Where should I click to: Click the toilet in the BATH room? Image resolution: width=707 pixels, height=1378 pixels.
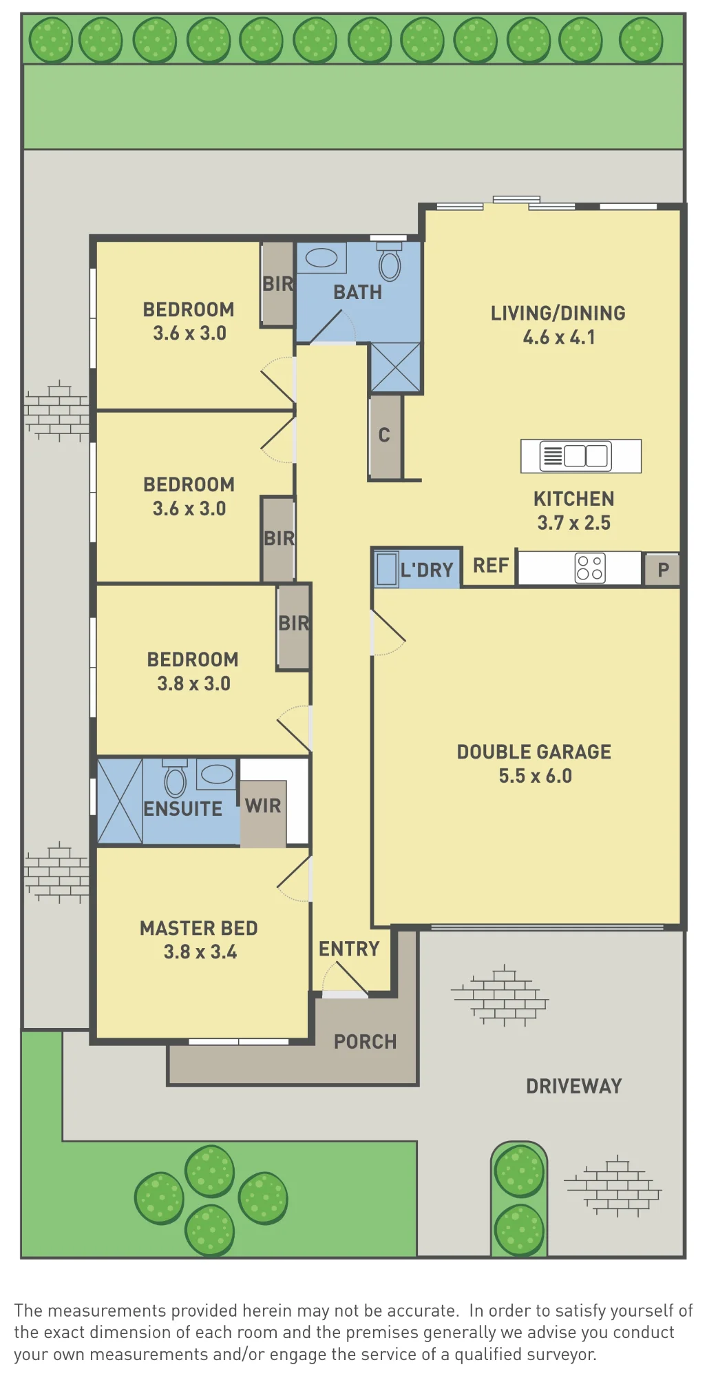coord(389,261)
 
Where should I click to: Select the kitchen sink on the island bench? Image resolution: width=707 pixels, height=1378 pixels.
coord(576,456)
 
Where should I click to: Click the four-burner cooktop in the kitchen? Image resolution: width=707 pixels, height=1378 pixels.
coord(590,568)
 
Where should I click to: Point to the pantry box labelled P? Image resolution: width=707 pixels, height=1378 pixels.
coord(662,570)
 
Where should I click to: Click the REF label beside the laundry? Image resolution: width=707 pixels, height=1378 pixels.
coord(491,566)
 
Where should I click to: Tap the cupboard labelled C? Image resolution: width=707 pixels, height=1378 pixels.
coord(385,435)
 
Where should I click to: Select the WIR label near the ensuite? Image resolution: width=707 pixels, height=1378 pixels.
coord(263,805)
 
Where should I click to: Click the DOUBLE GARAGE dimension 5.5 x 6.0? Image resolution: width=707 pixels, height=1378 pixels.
coord(536,776)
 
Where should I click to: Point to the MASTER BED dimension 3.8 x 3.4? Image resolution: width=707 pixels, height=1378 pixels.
coord(200,952)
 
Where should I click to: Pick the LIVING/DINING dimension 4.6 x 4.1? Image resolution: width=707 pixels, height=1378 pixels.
coord(559,338)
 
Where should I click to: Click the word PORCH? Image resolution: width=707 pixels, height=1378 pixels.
coord(366,1042)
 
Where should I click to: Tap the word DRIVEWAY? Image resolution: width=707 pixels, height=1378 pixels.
coord(574,1087)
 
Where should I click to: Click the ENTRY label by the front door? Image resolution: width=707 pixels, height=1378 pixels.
coord(349,949)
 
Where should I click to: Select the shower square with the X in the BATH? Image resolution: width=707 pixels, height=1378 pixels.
coord(396,368)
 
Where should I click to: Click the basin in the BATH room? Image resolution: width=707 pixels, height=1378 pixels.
coord(321,258)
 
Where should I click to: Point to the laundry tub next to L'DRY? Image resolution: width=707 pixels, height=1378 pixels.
coord(387,569)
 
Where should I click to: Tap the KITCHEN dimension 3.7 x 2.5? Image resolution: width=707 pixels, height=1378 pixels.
coord(574,523)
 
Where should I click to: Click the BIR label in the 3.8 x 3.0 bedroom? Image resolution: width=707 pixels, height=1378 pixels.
coord(294,624)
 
